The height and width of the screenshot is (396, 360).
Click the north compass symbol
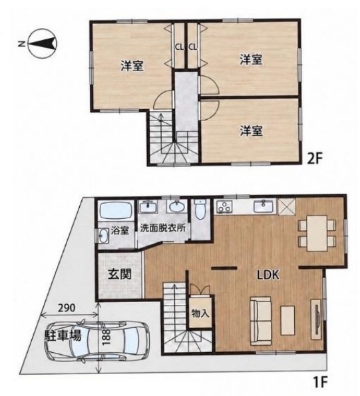[x=43, y=43]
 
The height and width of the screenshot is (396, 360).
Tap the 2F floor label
[x=314, y=158]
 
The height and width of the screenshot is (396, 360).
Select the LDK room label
[x=268, y=274]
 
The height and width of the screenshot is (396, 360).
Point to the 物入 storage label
[x=200, y=313]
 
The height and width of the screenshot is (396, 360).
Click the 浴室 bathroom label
[x=120, y=230]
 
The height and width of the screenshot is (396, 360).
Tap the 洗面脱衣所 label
[x=162, y=228]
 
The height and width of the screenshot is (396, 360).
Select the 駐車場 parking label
[x=63, y=335]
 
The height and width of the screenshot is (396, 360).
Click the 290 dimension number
[x=67, y=307]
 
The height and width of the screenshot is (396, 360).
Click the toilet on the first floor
[x=201, y=209]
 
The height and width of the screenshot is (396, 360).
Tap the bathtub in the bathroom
[x=116, y=210]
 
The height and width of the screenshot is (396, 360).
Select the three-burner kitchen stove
[x=224, y=206]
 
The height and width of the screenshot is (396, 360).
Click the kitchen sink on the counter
[x=264, y=206]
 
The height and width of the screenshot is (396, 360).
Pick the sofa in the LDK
[x=261, y=321]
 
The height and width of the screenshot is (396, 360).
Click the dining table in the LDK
[x=317, y=234]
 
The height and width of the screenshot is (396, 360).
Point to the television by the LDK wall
[x=317, y=319]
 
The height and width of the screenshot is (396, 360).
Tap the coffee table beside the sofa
[x=287, y=320]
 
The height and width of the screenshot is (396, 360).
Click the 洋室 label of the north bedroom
[x=132, y=65]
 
